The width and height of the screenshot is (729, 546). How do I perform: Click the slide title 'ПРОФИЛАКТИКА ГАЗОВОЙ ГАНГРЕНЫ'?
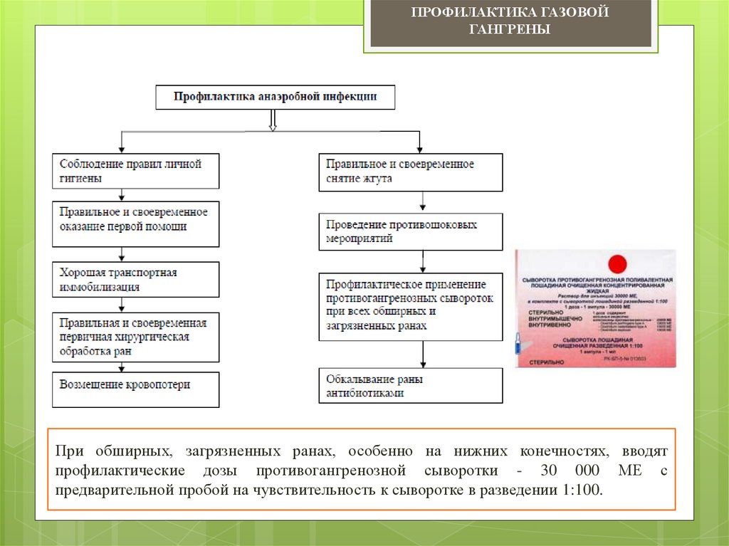coord(510,21)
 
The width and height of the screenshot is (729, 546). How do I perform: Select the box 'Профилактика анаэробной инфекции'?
coord(276,97)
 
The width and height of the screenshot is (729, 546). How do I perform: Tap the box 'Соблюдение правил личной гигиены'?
coord(135,171)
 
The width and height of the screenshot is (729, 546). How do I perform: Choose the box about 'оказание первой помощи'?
coord(135,223)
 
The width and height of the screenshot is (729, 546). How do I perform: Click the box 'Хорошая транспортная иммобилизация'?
coord(135,279)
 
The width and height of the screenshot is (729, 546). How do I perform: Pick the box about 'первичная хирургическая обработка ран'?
coord(135,337)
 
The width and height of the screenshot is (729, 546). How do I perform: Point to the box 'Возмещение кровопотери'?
coord(135,387)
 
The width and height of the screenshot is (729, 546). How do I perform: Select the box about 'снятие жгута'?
coord(410,172)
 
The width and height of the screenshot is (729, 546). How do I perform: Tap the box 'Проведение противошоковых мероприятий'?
coord(410,231)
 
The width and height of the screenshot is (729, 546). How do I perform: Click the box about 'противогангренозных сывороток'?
coord(410,305)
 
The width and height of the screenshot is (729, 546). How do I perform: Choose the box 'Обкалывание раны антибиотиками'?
coord(410,386)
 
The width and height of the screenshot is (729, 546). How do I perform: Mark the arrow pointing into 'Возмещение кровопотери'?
coord(123,366)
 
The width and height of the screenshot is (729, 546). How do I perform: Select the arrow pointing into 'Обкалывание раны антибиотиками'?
coord(424,355)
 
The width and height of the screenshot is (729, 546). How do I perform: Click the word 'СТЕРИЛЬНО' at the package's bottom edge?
coord(547,362)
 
